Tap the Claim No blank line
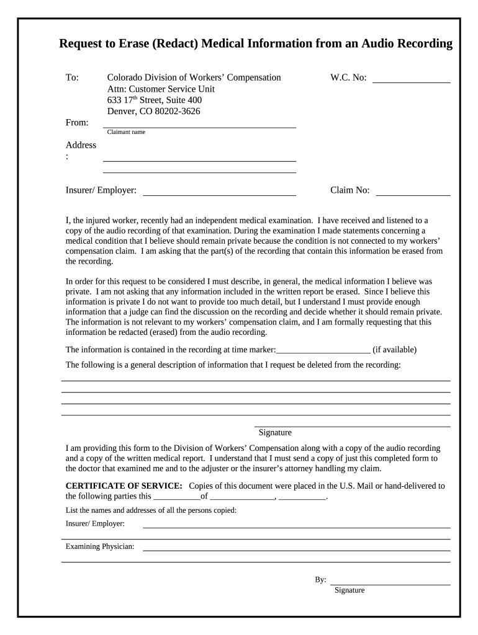pos(413,191)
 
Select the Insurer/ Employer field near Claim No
pos(219,191)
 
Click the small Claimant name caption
pos(126,132)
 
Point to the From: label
pos(77,123)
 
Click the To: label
pos(72,78)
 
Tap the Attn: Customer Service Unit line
pos(161,89)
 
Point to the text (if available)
pos(394,350)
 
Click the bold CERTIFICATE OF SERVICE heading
pos(124,486)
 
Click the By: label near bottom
pos(320,580)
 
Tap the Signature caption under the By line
pos(349,590)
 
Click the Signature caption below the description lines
pos(275,433)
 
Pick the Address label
pos(81,145)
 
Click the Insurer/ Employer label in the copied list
pos(95,524)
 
